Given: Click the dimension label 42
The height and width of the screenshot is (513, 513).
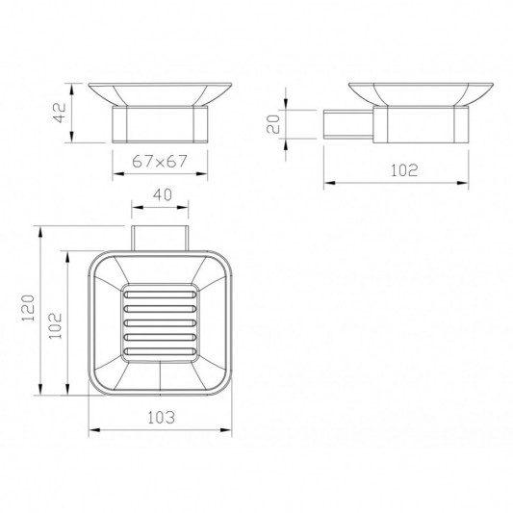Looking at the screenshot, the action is [60, 113].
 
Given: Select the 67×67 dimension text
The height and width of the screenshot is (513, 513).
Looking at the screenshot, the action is [160, 161].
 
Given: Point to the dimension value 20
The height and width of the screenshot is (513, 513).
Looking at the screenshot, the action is [273, 124].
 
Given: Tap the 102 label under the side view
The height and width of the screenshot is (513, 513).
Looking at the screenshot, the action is [404, 170].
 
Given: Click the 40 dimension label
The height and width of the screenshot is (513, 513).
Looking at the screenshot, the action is [163, 195].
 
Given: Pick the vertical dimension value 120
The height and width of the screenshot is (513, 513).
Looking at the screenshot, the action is [28, 308].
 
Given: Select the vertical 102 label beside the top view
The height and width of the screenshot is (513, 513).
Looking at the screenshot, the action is [55, 326].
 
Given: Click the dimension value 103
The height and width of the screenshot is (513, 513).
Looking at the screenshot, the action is [162, 418].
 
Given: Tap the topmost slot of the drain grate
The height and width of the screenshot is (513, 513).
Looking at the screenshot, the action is [161, 295].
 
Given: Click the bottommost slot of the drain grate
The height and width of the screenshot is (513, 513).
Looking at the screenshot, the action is [161, 351].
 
